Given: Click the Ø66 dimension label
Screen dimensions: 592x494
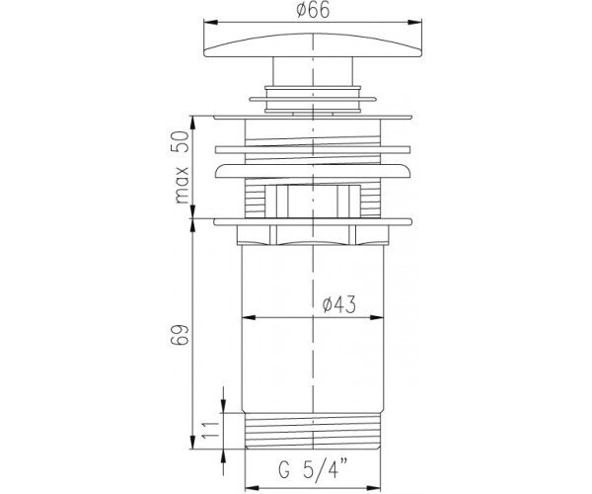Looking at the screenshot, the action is coord(313,10).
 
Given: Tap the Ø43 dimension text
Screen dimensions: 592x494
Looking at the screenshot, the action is coord(339,304).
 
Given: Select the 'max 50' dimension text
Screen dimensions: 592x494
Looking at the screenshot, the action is coord(182,167).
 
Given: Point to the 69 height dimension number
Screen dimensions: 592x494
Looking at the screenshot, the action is coord(179,334).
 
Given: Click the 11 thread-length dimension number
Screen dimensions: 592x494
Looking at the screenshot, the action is coord(210,430).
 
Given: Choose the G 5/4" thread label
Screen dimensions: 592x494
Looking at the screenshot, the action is coord(313,469).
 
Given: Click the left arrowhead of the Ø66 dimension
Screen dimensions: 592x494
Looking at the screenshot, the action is coord(211,23).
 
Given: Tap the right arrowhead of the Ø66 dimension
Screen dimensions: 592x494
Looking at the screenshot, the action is coord(414,23).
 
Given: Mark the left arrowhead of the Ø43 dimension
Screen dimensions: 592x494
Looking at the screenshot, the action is coord(249,317).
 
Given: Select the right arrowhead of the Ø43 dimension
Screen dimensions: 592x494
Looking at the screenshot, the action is coord(377,317).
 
